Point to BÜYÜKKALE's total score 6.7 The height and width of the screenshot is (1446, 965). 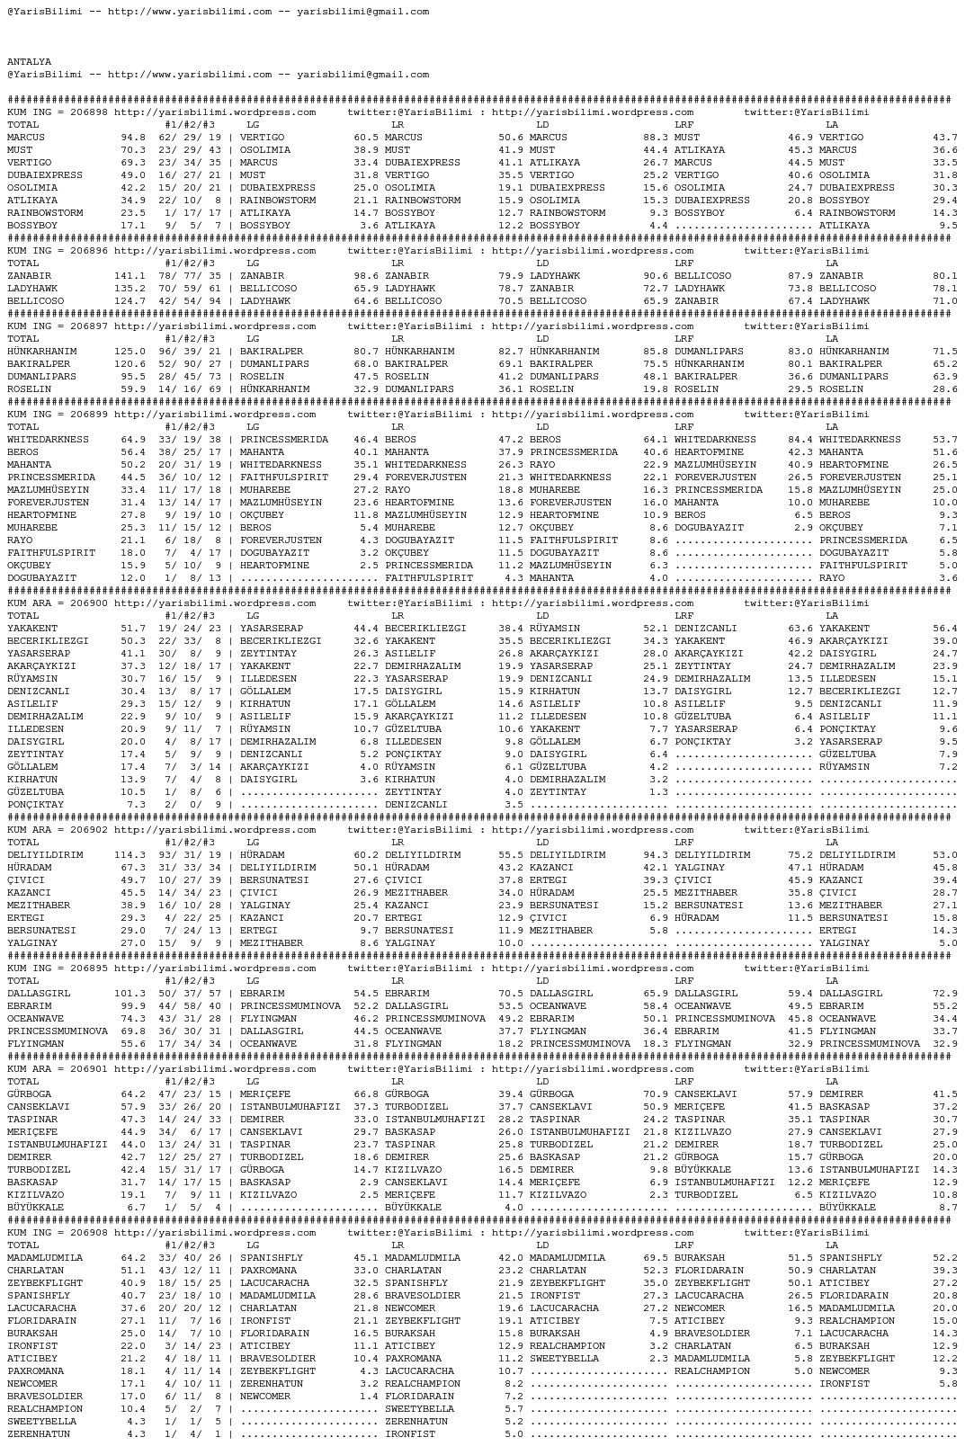pyautogui.click(x=136, y=1208)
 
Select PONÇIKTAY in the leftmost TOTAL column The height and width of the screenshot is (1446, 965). pyautogui.click(x=35, y=805)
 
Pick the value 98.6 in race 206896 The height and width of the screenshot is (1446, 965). pyautogui.click(x=365, y=276)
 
